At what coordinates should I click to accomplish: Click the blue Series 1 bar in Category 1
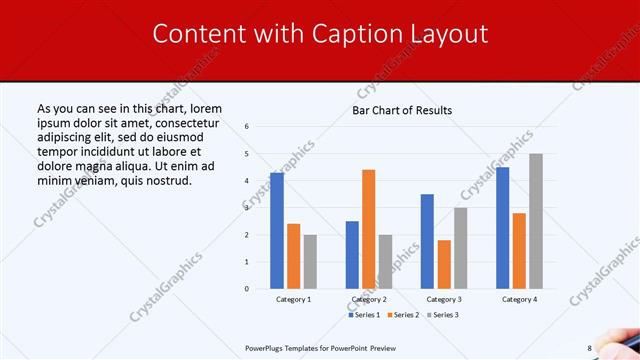coord(277,231)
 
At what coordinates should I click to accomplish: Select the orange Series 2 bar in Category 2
coord(368,229)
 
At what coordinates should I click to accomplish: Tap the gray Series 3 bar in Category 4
coord(536,221)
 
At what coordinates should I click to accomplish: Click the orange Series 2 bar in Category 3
coord(444,264)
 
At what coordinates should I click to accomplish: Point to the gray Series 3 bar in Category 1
coord(310,262)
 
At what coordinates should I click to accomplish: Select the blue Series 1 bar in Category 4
coord(502,228)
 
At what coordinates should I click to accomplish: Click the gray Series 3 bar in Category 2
coord(385,262)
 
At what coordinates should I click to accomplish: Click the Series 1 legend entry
coord(366,315)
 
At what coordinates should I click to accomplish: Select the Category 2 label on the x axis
coord(368,299)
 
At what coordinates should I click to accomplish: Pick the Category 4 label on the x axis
coord(518,299)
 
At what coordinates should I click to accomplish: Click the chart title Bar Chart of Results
coord(402,110)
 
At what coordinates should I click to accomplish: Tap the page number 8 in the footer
coord(589,348)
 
